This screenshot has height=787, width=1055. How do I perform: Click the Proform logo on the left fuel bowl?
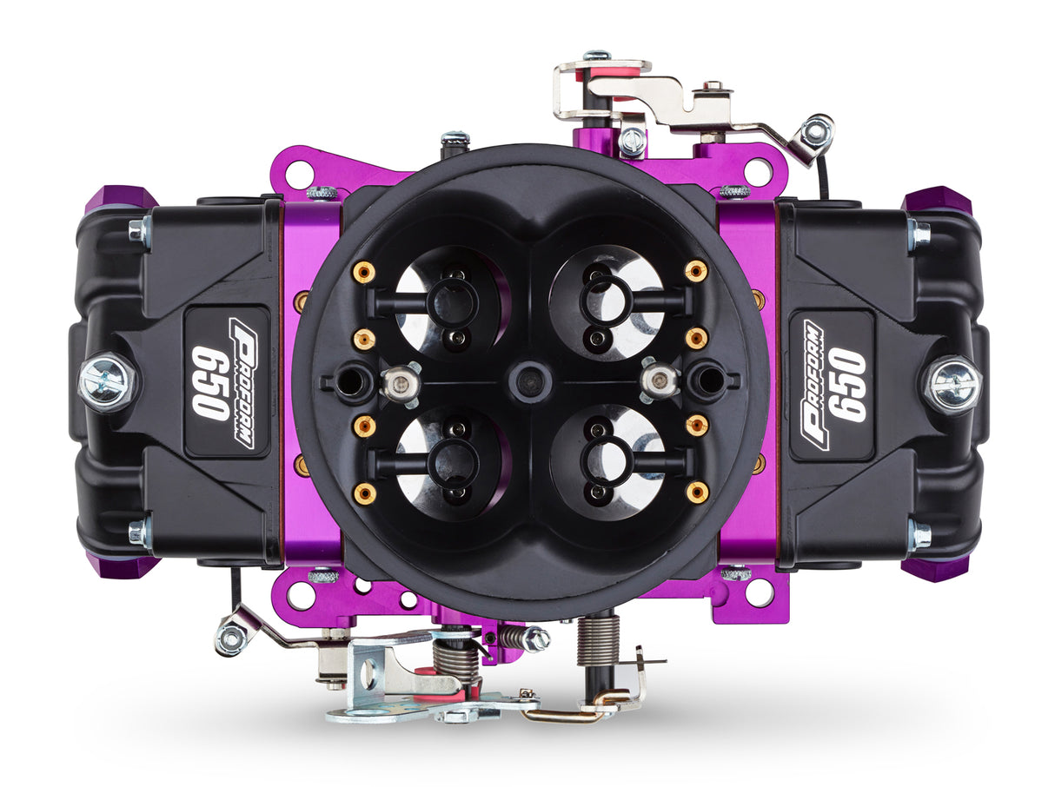pyautogui.click(x=242, y=383)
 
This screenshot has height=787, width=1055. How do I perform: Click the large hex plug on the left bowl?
pyautogui.click(x=107, y=381)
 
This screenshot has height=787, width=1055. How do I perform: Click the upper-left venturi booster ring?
pyautogui.click(x=452, y=301)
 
